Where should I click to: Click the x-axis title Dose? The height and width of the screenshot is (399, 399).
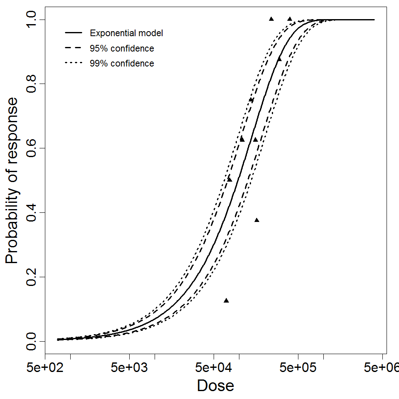tap(215, 386)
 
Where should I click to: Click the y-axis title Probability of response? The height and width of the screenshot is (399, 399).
tap(12, 180)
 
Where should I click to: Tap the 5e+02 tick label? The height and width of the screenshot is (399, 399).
tap(45, 368)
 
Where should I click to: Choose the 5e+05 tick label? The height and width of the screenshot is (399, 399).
tap(298, 368)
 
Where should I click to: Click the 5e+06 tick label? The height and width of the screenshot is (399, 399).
tap(381, 368)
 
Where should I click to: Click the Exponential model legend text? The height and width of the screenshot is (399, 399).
tap(126, 33)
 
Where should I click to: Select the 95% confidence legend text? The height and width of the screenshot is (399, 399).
tap(122, 49)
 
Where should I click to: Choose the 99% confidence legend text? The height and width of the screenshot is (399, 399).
tap(122, 64)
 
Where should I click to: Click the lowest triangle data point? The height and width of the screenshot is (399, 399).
tap(227, 300)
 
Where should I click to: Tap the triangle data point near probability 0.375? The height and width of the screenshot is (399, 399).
tap(257, 220)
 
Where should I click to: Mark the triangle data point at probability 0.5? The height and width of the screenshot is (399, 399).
tap(229, 180)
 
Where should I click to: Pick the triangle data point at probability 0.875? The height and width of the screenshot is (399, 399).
tap(279, 59)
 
